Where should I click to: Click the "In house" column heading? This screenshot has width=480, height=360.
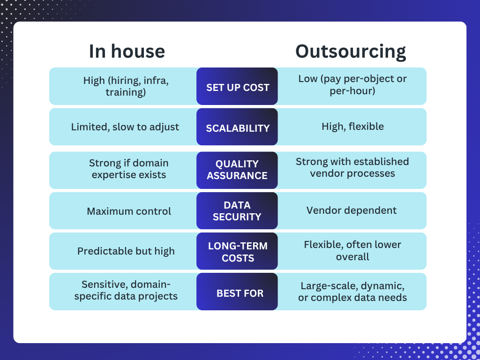pyautogui.click(x=127, y=51)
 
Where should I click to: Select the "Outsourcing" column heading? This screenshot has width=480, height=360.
pyautogui.click(x=351, y=52)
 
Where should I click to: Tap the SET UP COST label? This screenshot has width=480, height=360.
pyautogui.click(x=238, y=88)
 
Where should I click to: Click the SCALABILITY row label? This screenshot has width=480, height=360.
pyautogui.click(x=238, y=128)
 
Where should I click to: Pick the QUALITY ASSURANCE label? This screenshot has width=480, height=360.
pyautogui.click(x=237, y=170)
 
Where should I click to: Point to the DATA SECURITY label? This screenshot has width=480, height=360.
pyautogui.click(x=237, y=211)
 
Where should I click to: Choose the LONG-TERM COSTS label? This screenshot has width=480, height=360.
pyautogui.click(x=238, y=252)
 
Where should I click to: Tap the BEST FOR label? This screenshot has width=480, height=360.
pyautogui.click(x=240, y=293)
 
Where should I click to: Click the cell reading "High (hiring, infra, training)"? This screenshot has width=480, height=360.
pyautogui.click(x=126, y=86)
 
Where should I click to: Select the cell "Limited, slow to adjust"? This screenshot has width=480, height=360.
pyautogui.click(x=125, y=127)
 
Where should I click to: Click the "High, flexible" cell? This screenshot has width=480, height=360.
pyautogui.click(x=352, y=127)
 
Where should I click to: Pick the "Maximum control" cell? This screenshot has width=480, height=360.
pyautogui.click(x=129, y=211)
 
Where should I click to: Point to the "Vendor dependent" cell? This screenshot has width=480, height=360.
pyautogui.click(x=352, y=210)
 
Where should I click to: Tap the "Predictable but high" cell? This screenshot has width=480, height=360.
pyautogui.click(x=126, y=251)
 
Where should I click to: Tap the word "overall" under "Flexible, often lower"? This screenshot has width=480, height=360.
pyautogui.click(x=352, y=256)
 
